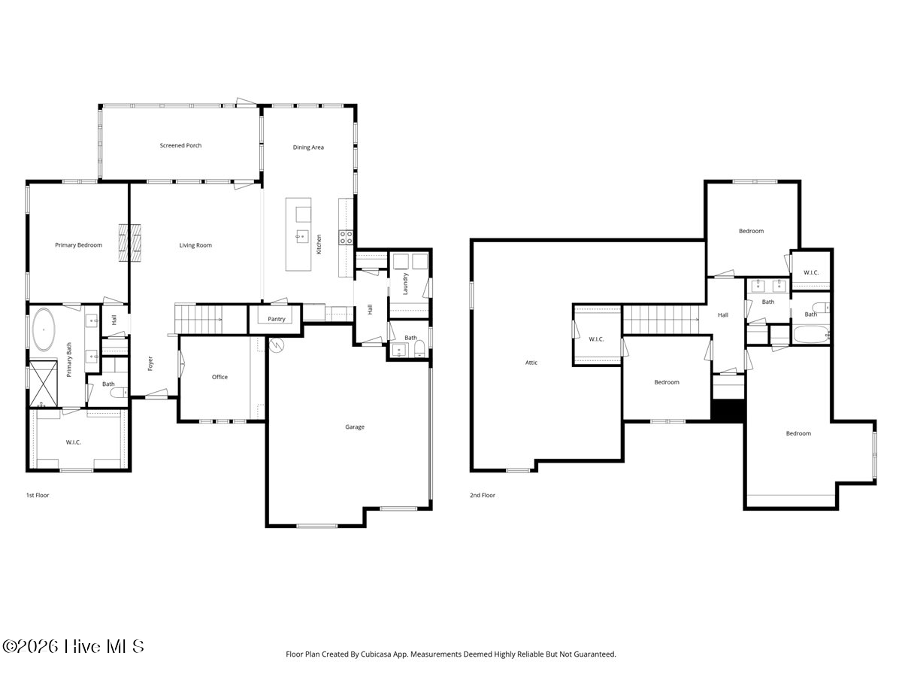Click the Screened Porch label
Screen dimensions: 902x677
(180, 145)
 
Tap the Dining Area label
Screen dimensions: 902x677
(308, 147)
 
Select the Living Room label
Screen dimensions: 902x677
(195, 245)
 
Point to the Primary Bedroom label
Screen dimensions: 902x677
(78, 245)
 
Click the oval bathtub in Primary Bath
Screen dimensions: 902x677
(44, 329)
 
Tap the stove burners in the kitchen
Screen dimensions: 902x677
(346, 237)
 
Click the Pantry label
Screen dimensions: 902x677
(276, 319)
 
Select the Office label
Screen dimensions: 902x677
(219, 377)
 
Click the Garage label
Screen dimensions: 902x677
(355, 427)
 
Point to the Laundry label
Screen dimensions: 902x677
(405, 284)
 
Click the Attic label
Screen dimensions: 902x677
(531, 363)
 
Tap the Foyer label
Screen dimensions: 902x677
(150, 363)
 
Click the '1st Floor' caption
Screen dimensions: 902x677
(38, 495)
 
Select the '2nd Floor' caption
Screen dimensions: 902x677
(483, 495)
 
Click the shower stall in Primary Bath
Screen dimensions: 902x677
(43, 384)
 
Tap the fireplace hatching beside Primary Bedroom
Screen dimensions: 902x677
(130, 243)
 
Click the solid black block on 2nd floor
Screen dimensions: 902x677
(728, 410)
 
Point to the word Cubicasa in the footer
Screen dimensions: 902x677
(376, 654)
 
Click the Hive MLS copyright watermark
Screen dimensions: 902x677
(73, 647)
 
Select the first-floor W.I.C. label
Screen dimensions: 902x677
(73, 442)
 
